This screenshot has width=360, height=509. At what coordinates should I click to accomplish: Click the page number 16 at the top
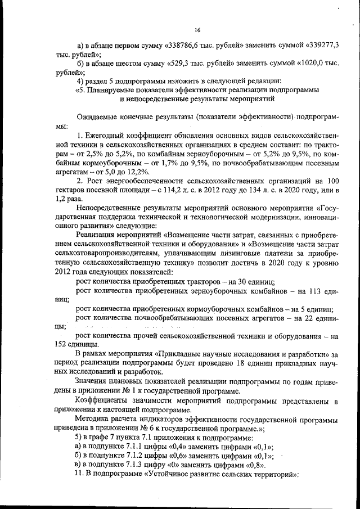[197, 30]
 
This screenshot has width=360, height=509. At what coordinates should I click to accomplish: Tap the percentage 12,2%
[137, 172]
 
